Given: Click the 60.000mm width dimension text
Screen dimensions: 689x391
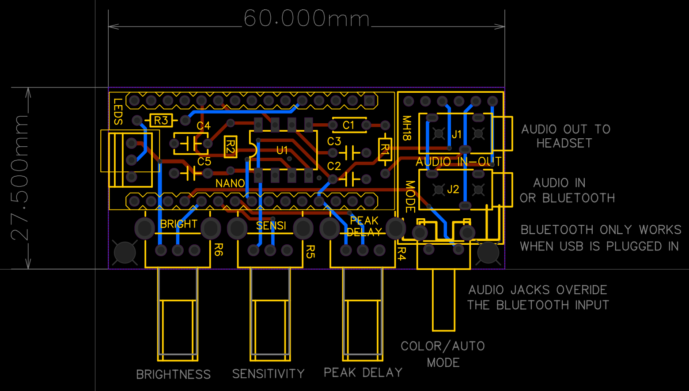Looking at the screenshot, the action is point(307,19).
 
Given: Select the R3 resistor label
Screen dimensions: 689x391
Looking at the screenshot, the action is point(161,120).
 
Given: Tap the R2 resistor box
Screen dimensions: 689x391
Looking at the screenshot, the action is point(231,147).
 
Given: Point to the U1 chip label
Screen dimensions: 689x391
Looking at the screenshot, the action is point(282,150).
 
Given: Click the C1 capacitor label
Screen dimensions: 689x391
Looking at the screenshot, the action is point(348,125).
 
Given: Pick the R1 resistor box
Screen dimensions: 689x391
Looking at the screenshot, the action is point(385,149).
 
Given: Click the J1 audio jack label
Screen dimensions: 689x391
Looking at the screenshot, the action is point(457,134).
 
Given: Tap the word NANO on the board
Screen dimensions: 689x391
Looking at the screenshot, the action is point(230,183).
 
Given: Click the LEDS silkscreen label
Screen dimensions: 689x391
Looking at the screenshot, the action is point(118,112).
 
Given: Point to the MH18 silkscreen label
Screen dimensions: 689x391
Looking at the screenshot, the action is point(407,128).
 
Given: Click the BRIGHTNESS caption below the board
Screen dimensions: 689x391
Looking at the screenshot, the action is point(174,374).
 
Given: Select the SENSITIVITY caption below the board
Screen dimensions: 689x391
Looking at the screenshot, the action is point(269,374).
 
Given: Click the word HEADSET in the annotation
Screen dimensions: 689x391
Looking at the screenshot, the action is point(564,143).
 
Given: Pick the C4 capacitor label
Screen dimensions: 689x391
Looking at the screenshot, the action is point(204,126).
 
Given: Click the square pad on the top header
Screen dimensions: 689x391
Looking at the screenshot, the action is point(369,100).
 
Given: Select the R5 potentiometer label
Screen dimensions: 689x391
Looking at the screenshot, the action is point(310,252).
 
